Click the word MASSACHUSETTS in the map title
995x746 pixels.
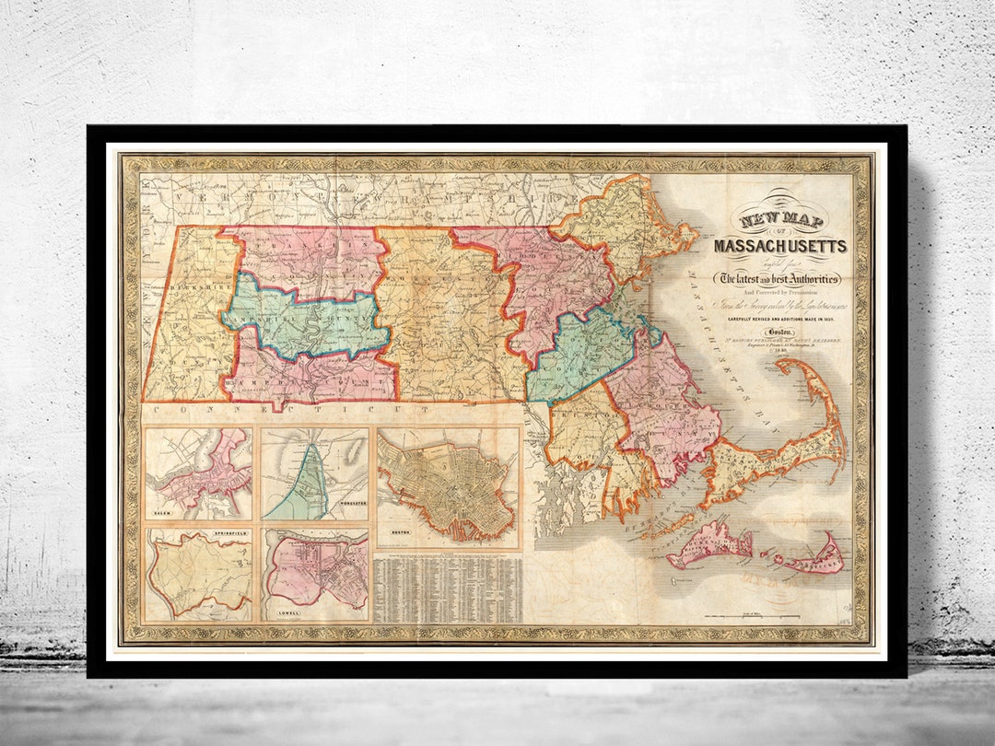pos(779,246)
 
